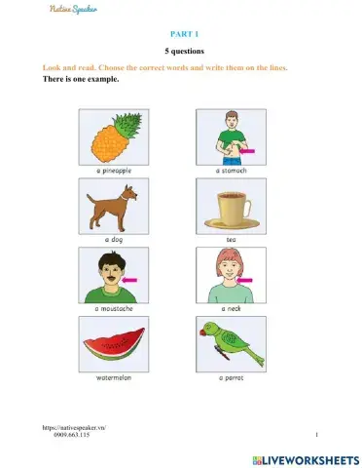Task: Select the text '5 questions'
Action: click(182, 50)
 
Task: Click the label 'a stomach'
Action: click(231, 171)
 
